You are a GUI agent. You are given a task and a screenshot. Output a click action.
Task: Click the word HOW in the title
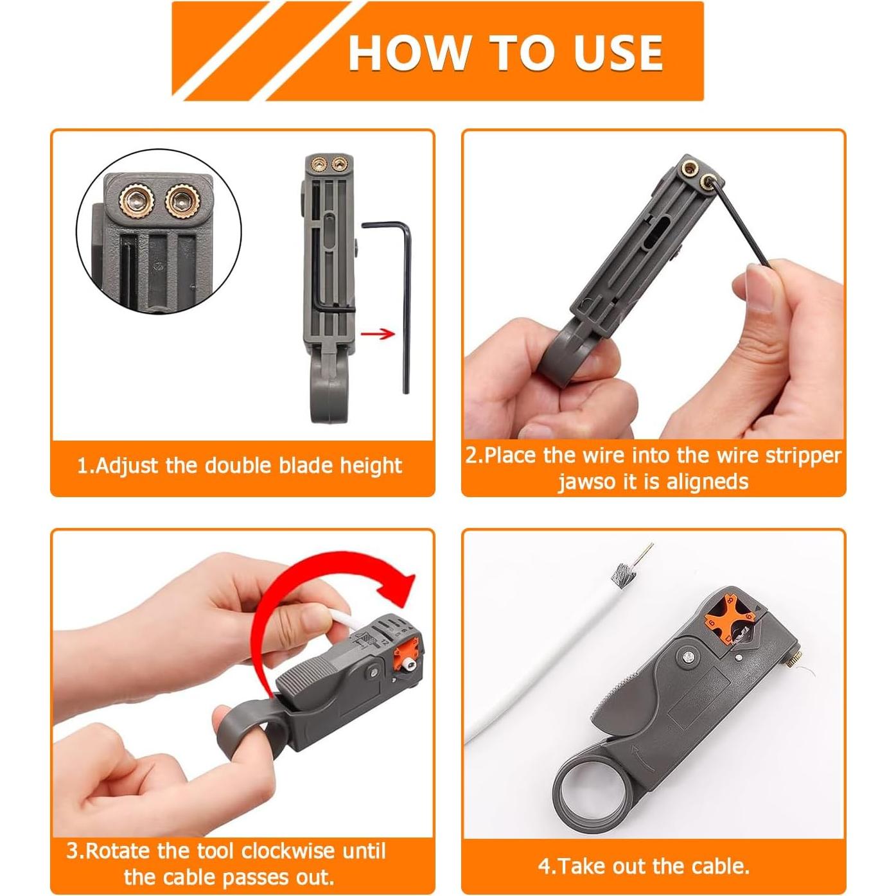pos(408,53)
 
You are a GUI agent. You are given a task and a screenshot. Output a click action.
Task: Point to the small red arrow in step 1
pos(378,333)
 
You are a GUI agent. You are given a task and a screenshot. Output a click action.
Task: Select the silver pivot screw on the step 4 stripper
pos(687,656)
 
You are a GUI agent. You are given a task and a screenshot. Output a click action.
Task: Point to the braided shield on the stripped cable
pos(621,570)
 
